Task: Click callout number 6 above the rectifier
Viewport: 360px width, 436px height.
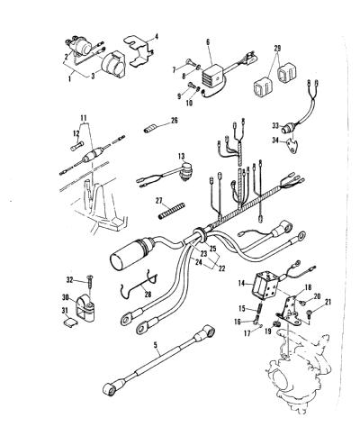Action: (x=208, y=42)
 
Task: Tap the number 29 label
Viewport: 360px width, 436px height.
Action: (x=277, y=48)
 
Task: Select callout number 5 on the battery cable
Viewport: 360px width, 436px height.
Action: (x=156, y=345)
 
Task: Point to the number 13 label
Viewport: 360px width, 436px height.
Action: (x=181, y=157)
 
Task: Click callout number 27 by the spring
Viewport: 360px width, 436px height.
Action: (x=159, y=200)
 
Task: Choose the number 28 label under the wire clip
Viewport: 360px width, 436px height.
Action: (x=148, y=295)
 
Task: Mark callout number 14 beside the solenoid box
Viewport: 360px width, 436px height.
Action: (x=242, y=283)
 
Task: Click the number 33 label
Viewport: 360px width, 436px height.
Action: (x=275, y=126)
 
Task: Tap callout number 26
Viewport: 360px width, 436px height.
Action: (x=174, y=121)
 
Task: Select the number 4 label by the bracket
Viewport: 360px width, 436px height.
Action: (x=157, y=37)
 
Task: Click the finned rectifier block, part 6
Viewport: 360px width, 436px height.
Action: (x=214, y=77)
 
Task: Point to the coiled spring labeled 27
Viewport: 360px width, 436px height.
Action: (x=172, y=211)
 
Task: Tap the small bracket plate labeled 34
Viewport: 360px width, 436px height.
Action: (x=293, y=146)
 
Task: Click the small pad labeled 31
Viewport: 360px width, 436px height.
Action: (x=71, y=322)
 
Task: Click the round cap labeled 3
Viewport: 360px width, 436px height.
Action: (x=111, y=65)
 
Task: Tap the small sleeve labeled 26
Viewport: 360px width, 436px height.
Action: (x=149, y=130)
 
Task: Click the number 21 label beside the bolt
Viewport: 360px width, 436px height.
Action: (x=328, y=302)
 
